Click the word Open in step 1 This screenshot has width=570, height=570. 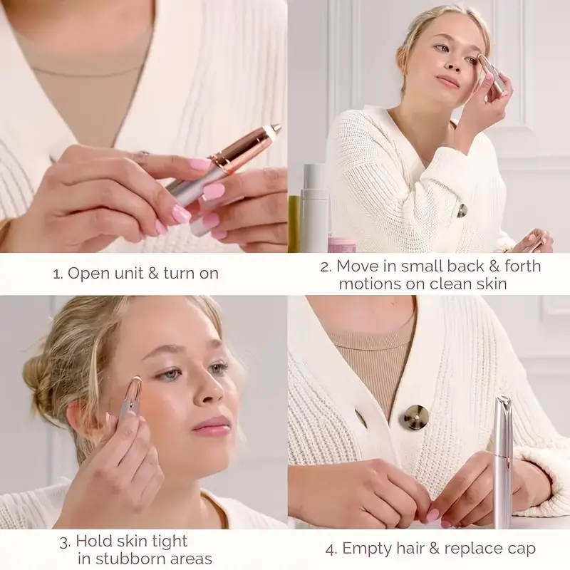[87, 273]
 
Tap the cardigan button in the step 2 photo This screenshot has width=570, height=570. [462, 210]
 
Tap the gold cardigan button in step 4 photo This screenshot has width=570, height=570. [415, 416]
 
